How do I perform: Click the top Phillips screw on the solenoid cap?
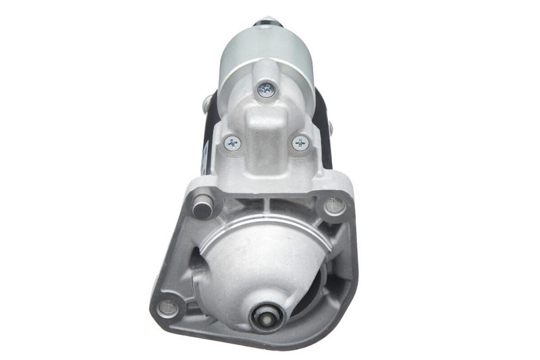click(x=266, y=88)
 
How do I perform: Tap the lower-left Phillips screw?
click(x=233, y=143)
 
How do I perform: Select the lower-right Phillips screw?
click(x=300, y=143)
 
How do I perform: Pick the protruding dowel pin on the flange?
click(x=202, y=205)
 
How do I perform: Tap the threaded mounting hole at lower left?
click(x=168, y=307)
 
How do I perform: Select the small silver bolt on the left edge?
click(x=206, y=105)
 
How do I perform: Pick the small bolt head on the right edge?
click(x=329, y=126)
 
